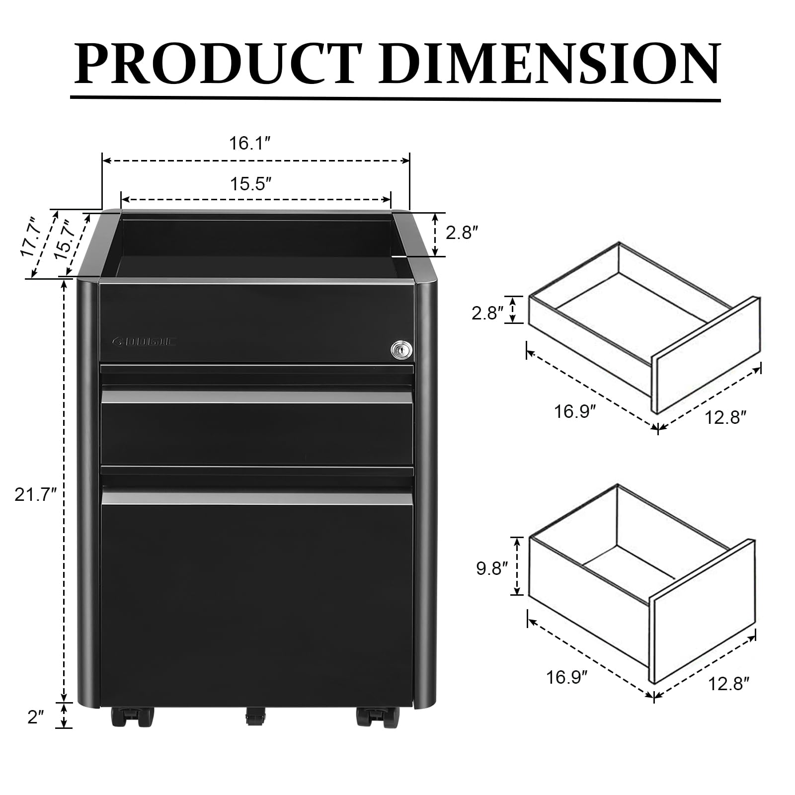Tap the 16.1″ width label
click(x=249, y=144)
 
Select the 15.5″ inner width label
click(x=250, y=184)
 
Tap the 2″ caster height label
click(x=36, y=717)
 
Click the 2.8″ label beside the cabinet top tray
click(x=462, y=233)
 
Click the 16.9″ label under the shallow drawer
click(x=575, y=412)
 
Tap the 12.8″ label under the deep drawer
click(x=728, y=684)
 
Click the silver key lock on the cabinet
click(x=401, y=350)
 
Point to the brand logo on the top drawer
click(x=145, y=341)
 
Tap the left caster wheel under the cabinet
click(x=132, y=717)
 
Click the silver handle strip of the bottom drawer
click(x=257, y=498)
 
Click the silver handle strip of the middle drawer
click(x=257, y=397)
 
